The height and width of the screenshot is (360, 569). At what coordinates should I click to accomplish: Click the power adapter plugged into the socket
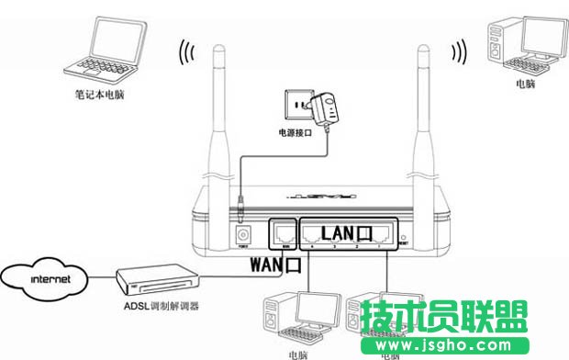pyautogui.click(x=324, y=109)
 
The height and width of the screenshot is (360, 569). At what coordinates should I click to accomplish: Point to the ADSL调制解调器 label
pyautogui.click(x=156, y=305)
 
